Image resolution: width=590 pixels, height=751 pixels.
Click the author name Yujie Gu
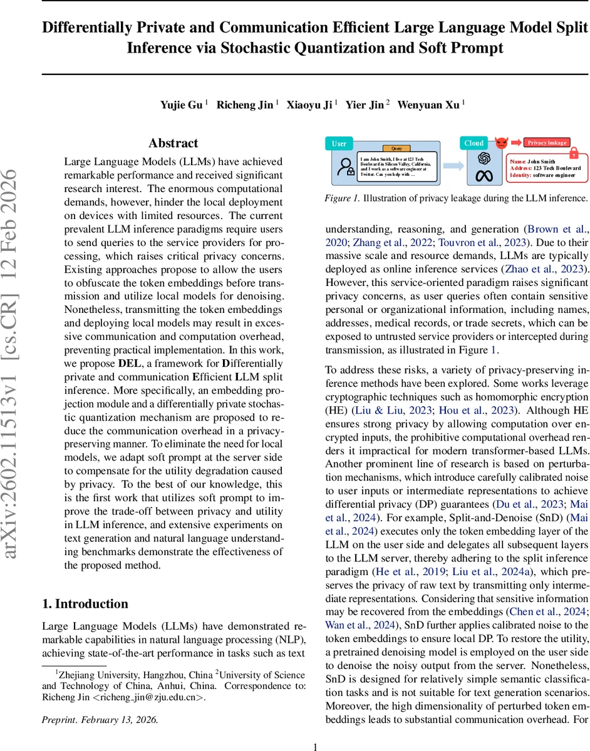click(182, 105)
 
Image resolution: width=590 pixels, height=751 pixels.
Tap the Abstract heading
click(173, 143)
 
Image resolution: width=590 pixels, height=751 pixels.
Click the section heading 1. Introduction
click(85, 603)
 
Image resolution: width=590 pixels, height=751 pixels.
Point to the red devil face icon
click(501, 143)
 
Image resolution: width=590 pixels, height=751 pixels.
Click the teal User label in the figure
click(339, 143)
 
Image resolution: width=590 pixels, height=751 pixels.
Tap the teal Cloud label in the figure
click(474, 143)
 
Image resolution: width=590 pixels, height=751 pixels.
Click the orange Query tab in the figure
click(396, 149)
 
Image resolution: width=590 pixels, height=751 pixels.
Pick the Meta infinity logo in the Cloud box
click(484, 176)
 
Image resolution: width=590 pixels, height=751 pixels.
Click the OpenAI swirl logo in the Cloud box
click(484, 158)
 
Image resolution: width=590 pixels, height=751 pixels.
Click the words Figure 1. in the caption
click(341, 198)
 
